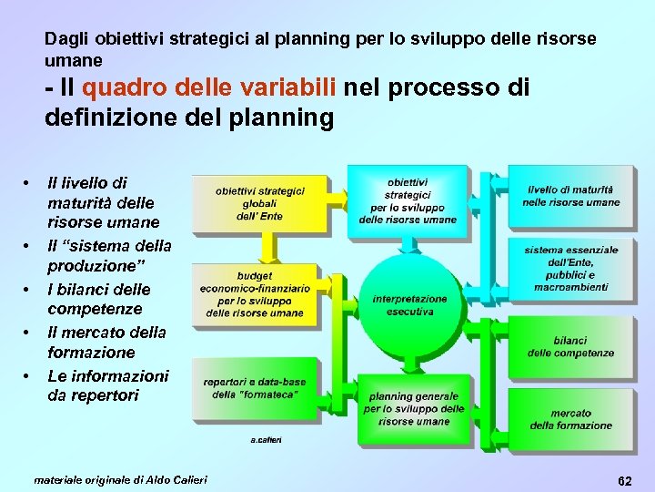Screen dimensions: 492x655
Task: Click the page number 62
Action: (x=623, y=479)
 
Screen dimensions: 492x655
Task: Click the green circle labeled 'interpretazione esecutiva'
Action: (x=409, y=304)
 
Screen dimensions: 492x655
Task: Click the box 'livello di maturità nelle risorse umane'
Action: (x=570, y=196)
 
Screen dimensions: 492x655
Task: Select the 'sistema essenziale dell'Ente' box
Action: (x=570, y=268)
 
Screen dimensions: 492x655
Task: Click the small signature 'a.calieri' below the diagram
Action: (x=267, y=440)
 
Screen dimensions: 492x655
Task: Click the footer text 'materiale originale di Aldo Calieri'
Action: (x=120, y=479)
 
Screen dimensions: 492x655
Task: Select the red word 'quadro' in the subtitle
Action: (x=116, y=87)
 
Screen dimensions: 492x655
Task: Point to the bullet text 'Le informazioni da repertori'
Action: (x=107, y=385)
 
